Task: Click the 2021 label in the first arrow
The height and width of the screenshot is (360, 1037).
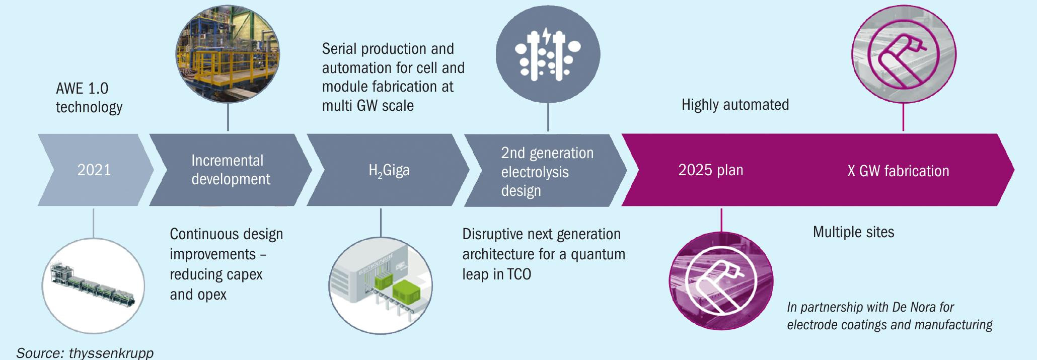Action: pos(94,170)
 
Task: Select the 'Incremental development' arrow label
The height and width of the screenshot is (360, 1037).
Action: pos(231,170)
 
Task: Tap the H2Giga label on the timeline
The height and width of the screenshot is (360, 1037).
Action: pos(389,171)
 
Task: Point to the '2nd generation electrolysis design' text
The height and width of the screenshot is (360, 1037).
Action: pos(547,172)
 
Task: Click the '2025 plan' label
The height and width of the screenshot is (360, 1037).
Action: pos(711,170)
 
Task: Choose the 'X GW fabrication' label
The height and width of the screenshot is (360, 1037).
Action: pos(898,171)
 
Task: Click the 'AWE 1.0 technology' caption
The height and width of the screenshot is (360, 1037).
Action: pos(89,98)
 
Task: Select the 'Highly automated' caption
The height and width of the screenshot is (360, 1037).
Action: pos(735,105)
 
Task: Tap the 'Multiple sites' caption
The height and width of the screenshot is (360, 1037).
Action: pos(853,232)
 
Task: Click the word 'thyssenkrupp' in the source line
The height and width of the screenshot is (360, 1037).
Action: pos(111,353)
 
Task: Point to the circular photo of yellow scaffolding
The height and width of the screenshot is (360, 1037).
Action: pos(228,54)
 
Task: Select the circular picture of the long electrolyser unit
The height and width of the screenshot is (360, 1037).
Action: pos(93,285)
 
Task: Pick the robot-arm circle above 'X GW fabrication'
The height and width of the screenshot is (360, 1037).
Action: pos(904,54)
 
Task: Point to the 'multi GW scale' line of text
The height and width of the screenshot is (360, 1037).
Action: pos(367,106)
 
